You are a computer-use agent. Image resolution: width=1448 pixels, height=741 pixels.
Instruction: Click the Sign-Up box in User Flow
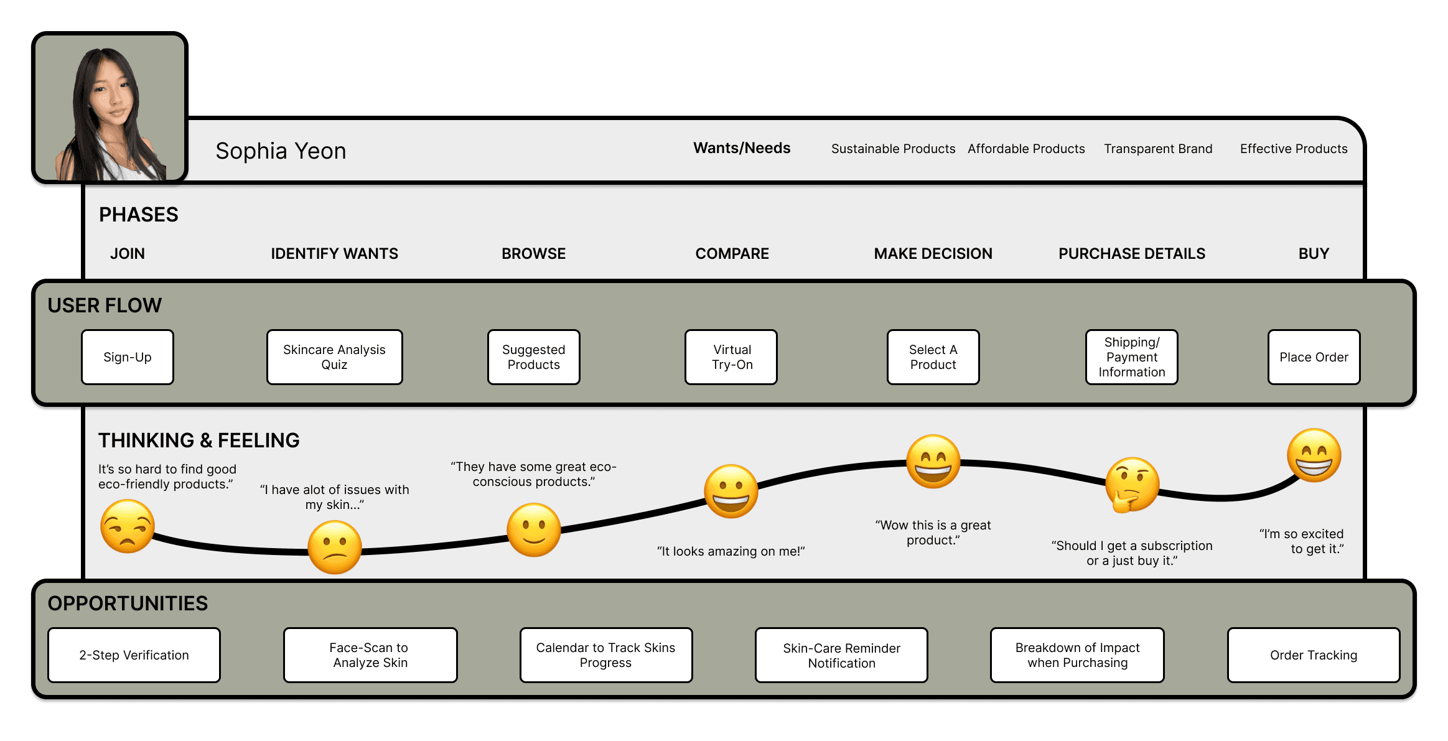click(x=128, y=357)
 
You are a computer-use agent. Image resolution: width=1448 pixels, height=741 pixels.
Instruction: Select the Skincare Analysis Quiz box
click(x=334, y=357)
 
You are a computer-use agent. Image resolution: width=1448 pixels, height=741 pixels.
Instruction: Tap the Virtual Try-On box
click(x=731, y=357)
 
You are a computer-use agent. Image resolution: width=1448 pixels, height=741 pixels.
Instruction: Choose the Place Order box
click(x=1314, y=357)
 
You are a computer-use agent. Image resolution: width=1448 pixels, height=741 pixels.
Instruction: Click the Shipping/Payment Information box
click(x=1131, y=357)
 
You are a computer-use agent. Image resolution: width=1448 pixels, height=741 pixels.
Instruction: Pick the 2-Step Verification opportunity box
click(x=134, y=655)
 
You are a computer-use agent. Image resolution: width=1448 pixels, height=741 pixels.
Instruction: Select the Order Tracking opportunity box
click(x=1313, y=655)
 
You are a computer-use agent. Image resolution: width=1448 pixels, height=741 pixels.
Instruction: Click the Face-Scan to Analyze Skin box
click(x=370, y=655)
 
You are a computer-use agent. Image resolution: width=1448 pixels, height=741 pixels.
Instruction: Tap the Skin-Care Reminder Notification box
click(x=841, y=655)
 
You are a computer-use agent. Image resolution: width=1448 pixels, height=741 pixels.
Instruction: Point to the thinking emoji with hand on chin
click(x=1132, y=485)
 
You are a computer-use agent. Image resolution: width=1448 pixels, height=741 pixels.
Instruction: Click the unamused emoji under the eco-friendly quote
click(x=128, y=526)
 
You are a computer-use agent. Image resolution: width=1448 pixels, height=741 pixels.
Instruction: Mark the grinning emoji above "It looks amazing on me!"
click(x=731, y=491)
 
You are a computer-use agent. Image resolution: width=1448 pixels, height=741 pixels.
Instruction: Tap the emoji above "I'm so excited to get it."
click(x=1314, y=455)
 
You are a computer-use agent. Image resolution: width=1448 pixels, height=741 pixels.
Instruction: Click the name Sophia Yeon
click(x=281, y=151)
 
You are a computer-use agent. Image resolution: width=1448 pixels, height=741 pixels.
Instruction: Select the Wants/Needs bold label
click(x=742, y=148)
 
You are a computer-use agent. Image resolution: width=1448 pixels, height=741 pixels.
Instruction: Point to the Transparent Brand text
click(x=1158, y=149)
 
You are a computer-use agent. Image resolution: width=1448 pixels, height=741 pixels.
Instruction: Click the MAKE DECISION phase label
click(x=933, y=254)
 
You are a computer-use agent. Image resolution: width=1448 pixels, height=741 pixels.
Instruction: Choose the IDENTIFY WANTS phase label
click(x=334, y=254)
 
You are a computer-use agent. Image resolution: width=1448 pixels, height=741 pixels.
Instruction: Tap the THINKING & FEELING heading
click(x=199, y=440)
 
